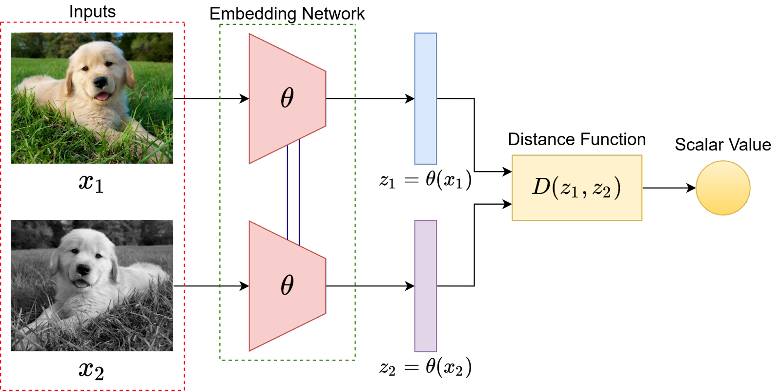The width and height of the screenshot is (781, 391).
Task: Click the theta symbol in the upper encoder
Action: [287, 97]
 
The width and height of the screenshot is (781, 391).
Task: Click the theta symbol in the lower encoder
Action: [287, 284]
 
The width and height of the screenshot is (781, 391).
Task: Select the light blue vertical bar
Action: [425, 99]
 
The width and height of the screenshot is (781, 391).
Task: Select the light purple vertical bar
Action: [425, 286]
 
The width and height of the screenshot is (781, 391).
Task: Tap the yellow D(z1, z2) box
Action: [576, 188]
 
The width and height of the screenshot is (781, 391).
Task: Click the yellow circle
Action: [722, 188]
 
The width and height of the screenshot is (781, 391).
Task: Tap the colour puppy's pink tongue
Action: [103, 96]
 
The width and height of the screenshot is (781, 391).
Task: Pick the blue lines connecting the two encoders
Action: [293, 191]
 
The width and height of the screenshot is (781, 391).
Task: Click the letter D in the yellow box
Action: [541, 187]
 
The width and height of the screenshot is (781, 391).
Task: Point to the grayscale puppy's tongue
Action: [81, 283]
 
